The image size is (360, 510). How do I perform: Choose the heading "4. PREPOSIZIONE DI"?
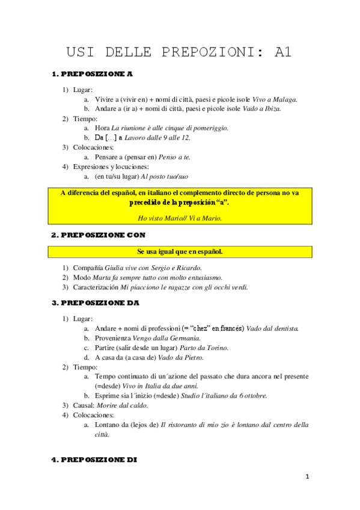tap(94, 459)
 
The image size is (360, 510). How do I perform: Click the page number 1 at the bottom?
tap(307, 478)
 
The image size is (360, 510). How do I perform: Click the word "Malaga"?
tap(285, 100)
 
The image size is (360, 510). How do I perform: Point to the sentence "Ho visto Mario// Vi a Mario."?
tap(180, 218)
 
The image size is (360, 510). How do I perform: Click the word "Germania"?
tap(182, 339)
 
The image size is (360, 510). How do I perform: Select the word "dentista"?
tap(284, 330)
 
